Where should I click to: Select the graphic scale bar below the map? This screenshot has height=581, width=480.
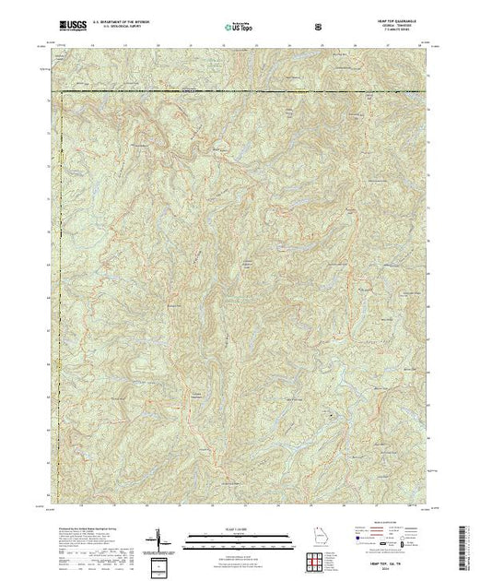[x=240, y=536]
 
